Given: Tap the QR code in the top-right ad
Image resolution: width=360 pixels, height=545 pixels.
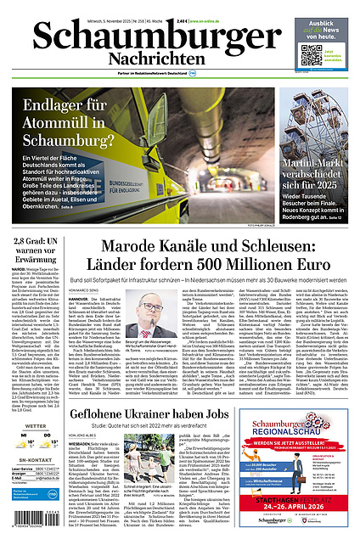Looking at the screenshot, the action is coord(309,56).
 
